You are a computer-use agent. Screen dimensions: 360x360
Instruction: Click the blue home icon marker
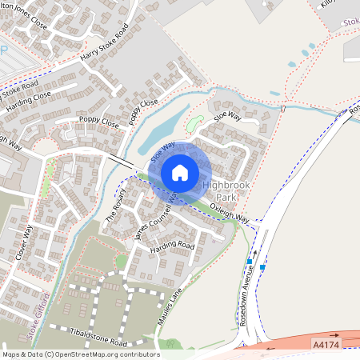(x=180, y=173)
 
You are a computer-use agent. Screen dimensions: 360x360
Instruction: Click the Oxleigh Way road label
(x=230, y=212)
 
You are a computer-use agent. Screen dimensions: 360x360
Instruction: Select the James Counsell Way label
(x=157, y=218)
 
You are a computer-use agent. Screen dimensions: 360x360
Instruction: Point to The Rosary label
(x=117, y=207)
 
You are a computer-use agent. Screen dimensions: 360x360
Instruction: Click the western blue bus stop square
(x=250, y=262)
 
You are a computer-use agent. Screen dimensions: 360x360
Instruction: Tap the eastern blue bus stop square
(x=263, y=267)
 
